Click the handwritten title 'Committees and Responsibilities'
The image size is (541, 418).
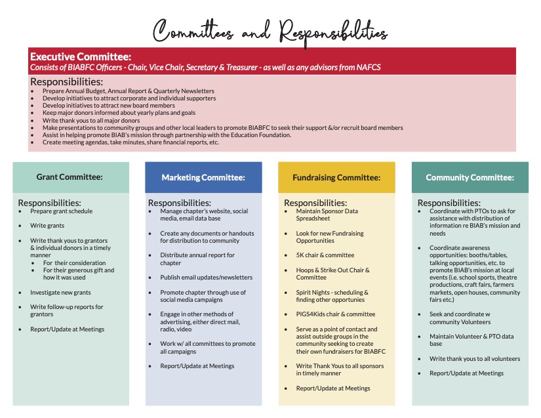[x=270, y=30]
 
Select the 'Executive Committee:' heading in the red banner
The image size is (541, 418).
[x=81, y=56]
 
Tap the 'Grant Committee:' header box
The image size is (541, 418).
[x=70, y=177]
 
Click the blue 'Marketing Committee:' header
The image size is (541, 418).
[x=203, y=177]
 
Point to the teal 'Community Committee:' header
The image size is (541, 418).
[x=470, y=177]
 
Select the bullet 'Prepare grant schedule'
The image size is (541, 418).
[x=62, y=211]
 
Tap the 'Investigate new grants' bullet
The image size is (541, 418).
[x=60, y=292]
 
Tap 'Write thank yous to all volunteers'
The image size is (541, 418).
[x=475, y=359]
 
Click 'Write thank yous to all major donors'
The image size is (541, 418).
[x=91, y=121]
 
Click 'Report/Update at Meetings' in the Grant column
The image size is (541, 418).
[x=67, y=329]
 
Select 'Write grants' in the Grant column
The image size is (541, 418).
[x=47, y=226]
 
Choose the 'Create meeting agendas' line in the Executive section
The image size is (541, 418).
[x=130, y=142]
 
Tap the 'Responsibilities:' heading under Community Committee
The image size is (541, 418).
[x=449, y=203]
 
